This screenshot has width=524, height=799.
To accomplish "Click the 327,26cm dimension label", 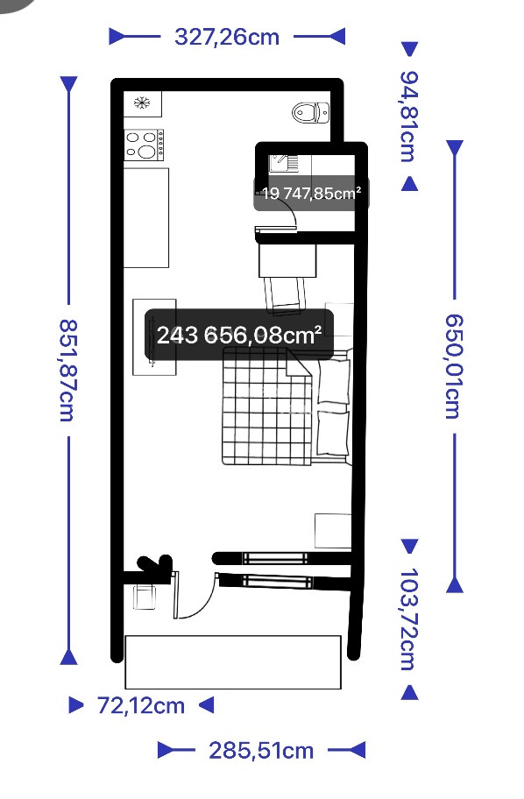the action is [227, 37].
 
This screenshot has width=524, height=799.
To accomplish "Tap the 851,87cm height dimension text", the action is [67, 371].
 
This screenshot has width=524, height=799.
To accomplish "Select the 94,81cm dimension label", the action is [409, 117].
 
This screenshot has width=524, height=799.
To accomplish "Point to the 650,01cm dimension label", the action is [453, 366].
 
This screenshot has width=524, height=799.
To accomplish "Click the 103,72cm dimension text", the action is [409, 619].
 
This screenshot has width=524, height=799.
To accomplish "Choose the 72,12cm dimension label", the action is [141, 706].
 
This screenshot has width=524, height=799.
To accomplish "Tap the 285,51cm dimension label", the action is [261, 751].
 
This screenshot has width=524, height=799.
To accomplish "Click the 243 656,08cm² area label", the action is [239, 335].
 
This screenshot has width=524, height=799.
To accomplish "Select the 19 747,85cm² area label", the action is [311, 193].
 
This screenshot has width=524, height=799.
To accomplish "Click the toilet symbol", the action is [310, 113].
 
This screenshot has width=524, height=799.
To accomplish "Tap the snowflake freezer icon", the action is [142, 103].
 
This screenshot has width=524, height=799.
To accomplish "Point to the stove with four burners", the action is [145, 145].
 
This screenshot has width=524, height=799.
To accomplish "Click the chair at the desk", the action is [285, 294].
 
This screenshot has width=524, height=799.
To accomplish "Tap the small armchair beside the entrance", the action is [145, 597].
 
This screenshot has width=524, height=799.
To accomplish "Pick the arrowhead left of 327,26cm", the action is [117, 37].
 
